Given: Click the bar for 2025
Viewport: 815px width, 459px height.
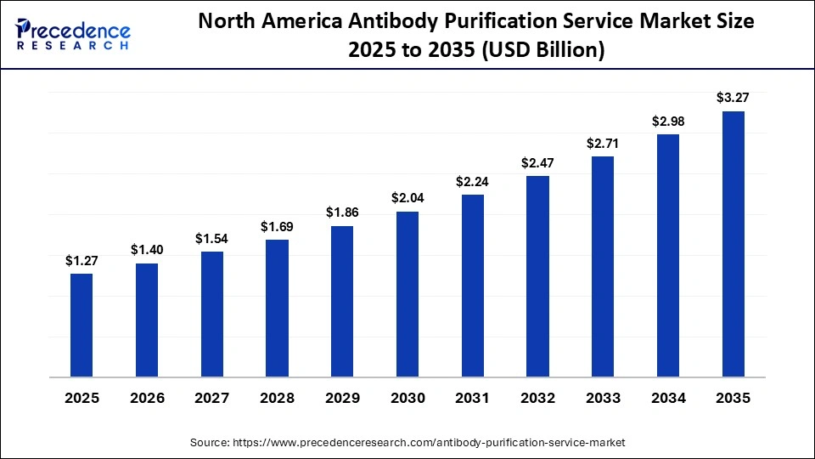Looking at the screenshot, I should tap(81, 325).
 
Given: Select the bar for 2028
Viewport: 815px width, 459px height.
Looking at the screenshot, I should tap(277, 308).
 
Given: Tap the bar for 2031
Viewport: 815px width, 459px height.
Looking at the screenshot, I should tap(472, 286).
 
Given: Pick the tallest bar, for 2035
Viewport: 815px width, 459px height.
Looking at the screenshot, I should tap(733, 244).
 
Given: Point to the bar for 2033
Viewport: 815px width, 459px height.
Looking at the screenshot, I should tap(603, 266).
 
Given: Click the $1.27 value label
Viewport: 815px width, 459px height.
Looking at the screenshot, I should tap(81, 261).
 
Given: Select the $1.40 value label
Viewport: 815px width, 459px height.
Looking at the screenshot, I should tap(147, 250).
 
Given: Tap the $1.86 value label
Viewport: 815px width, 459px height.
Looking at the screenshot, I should tap(342, 212).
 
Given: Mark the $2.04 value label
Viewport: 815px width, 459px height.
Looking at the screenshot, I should tap(407, 197).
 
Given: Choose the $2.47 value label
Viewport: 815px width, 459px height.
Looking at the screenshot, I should tap(537, 161).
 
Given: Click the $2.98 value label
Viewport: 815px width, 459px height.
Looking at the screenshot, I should tap(668, 122).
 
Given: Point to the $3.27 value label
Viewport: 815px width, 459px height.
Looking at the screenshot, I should tap(733, 98).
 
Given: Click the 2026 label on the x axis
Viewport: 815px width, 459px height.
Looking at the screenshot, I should tap(147, 399).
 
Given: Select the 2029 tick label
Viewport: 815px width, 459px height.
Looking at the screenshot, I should tap(342, 399).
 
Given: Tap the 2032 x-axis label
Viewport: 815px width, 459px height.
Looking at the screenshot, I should tap(537, 399).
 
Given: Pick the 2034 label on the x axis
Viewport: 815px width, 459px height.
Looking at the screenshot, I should tap(668, 399).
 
